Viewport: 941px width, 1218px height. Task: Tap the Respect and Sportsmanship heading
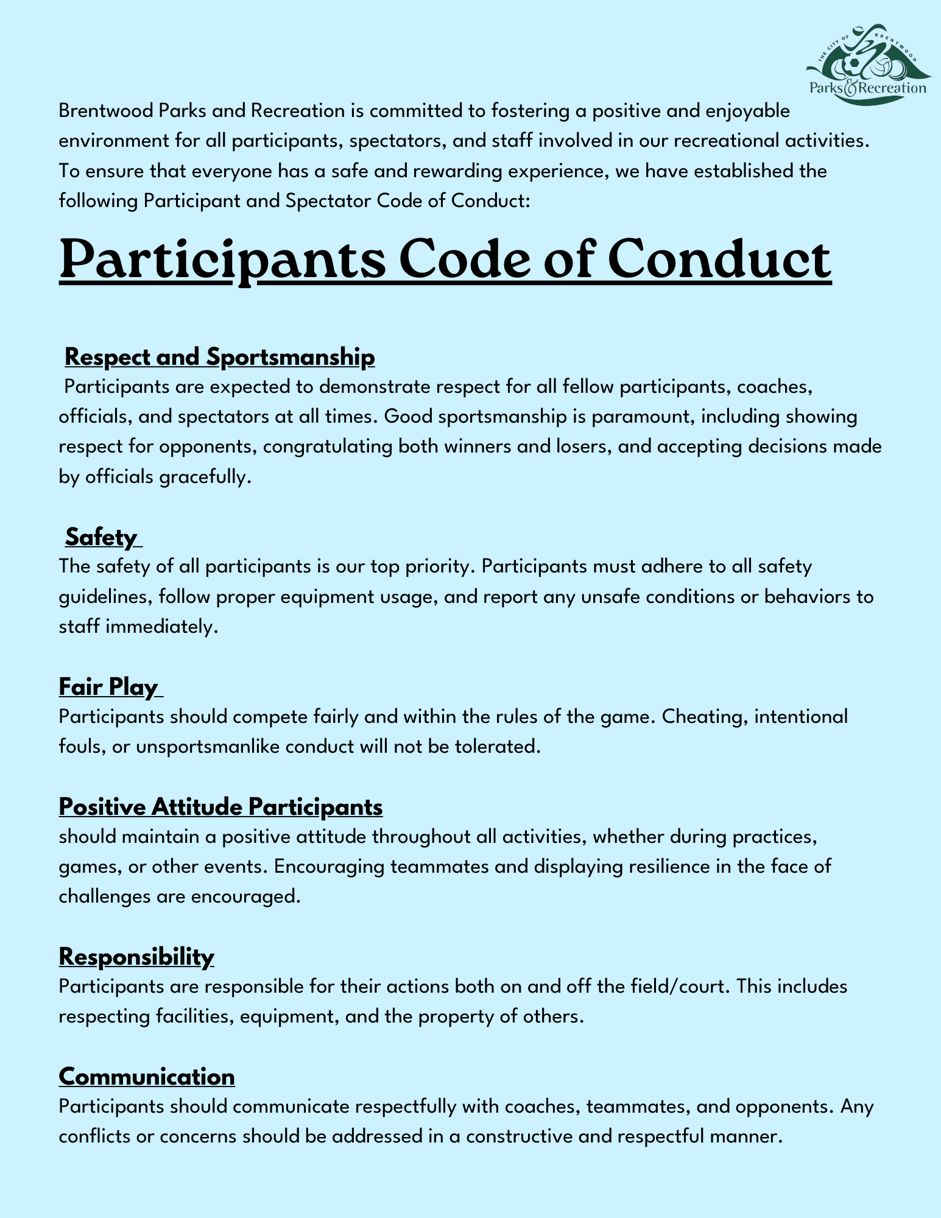[x=219, y=357]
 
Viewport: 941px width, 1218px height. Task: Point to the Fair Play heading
[x=109, y=687]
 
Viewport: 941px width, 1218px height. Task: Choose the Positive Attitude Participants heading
[x=220, y=807]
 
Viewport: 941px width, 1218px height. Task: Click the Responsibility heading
[x=136, y=957]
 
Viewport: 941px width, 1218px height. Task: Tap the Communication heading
[x=147, y=1077]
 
